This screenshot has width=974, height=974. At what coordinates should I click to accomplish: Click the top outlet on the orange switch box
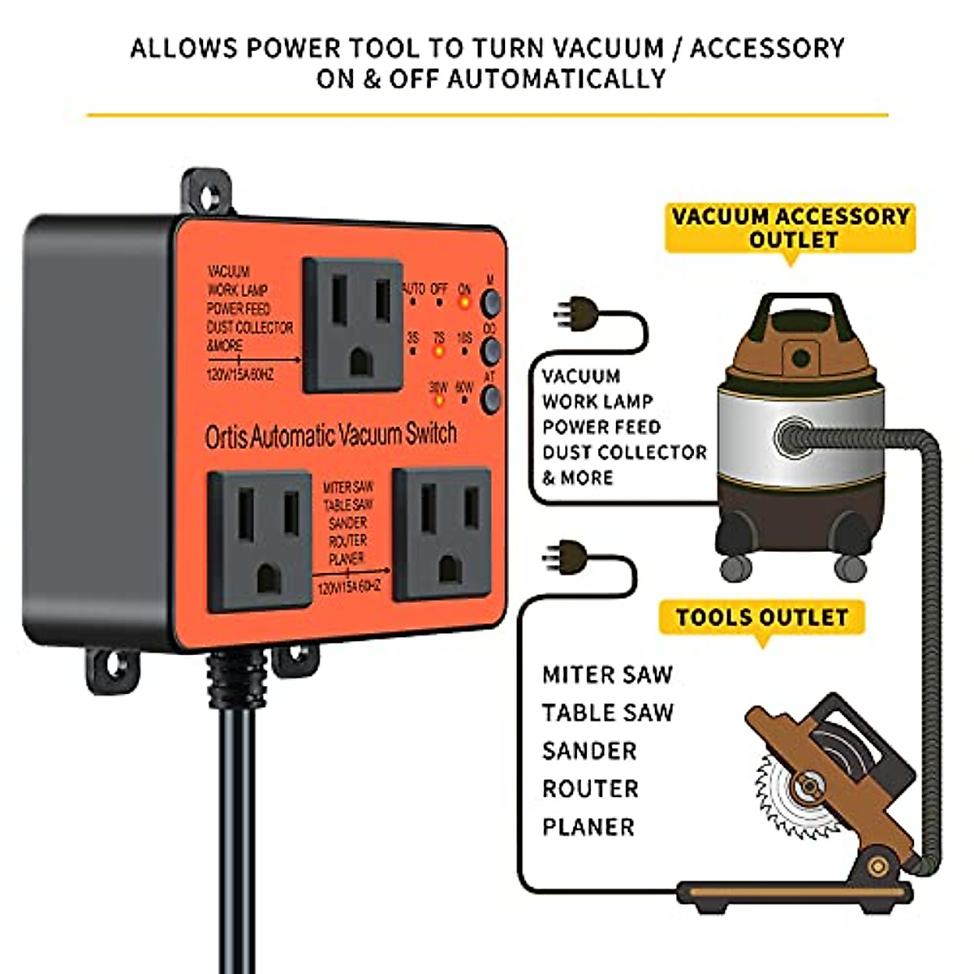(352, 325)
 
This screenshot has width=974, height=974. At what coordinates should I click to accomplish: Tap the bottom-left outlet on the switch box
(259, 541)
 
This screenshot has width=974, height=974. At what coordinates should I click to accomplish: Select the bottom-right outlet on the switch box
(443, 534)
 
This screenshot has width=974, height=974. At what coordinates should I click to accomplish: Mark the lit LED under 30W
(438, 399)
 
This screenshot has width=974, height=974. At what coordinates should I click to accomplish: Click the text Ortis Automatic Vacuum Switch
(330, 436)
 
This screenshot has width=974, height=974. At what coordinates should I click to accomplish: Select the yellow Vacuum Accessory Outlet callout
(789, 228)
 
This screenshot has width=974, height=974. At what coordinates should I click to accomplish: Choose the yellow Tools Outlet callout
(761, 618)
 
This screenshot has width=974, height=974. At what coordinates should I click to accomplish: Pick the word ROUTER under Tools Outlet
(590, 789)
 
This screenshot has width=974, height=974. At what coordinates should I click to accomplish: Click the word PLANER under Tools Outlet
(588, 827)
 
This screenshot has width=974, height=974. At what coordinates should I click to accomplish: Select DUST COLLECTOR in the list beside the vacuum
(624, 452)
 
